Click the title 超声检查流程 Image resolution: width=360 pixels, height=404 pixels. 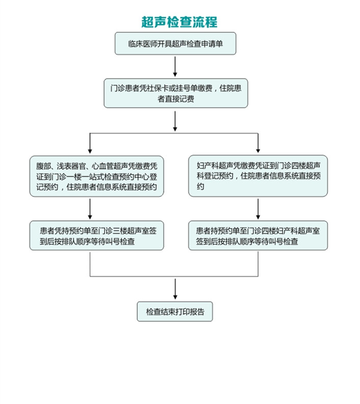click(x=179, y=22)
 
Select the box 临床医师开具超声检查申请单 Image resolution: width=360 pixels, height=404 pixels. click(x=175, y=43)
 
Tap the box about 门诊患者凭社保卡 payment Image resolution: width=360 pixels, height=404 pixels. click(x=175, y=93)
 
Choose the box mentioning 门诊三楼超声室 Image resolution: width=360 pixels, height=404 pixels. click(x=96, y=235)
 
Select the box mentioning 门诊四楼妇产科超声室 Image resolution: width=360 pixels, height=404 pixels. click(x=258, y=235)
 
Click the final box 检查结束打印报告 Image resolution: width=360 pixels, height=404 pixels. click(x=175, y=312)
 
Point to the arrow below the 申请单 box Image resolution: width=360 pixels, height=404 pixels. click(x=175, y=65)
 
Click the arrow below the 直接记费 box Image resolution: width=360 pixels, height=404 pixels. click(x=175, y=120)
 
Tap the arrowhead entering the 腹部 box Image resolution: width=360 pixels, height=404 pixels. click(x=90, y=150)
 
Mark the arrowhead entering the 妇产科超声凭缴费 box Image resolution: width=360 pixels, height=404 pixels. click(x=258, y=150)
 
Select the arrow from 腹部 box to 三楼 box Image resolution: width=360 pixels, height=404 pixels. click(x=90, y=208)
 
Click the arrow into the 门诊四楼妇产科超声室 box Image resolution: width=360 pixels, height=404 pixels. click(x=258, y=208)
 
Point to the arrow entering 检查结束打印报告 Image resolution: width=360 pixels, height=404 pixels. click(x=175, y=288)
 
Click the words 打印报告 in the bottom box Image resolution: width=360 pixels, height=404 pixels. click(x=190, y=312)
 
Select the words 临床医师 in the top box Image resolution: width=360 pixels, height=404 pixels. click(x=139, y=44)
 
